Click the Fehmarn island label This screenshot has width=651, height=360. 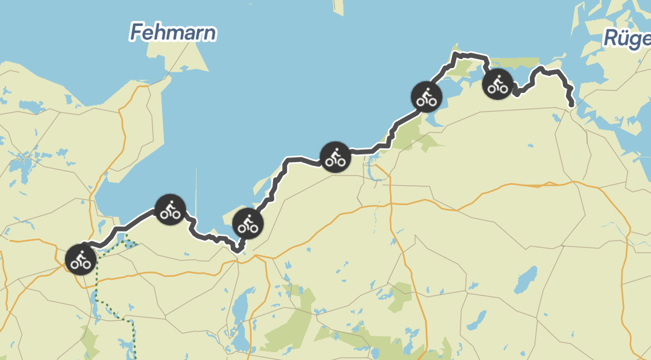[x=172, y=32]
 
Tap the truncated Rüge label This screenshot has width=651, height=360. [x=627, y=40]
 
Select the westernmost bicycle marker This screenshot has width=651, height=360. [x=80, y=259]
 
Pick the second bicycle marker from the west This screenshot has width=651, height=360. [x=171, y=210]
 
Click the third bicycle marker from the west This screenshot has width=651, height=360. [x=247, y=224]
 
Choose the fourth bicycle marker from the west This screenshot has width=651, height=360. [x=335, y=157]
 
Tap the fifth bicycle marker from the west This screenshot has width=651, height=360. [x=426, y=96]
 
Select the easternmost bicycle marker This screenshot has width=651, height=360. [x=498, y=84]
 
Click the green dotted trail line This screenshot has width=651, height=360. [x=96, y=295]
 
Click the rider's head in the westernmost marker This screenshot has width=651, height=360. [x=82, y=252]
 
